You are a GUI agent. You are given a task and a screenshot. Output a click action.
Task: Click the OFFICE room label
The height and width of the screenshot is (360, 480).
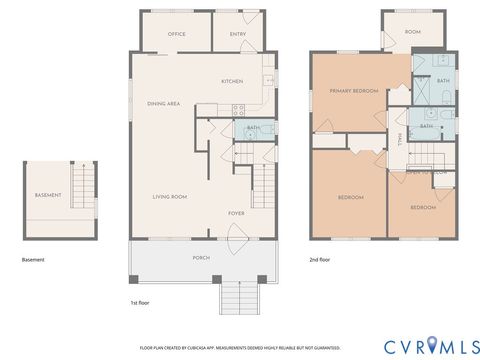(x=177, y=34)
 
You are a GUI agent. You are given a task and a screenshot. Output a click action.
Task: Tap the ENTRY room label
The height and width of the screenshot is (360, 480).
(x=237, y=34)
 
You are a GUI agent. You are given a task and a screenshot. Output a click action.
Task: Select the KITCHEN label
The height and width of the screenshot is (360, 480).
(x=232, y=81)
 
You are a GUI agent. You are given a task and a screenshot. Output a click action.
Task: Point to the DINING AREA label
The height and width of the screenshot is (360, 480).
(x=163, y=104)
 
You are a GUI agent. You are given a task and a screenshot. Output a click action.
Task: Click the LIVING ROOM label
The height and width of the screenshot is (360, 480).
(x=169, y=197)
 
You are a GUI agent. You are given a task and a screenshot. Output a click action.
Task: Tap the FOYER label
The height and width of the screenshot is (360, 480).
(x=236, y=213)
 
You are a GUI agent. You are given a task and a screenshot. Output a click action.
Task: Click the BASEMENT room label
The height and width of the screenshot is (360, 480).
(x=48, y=194)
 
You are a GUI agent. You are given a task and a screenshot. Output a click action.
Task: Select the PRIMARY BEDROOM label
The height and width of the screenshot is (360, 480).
(x=354, y=91)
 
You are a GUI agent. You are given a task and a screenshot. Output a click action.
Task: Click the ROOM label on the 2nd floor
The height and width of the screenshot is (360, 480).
(x=412, y=32)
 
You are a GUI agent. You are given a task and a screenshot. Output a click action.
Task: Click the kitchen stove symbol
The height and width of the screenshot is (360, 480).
(x=238, y=111)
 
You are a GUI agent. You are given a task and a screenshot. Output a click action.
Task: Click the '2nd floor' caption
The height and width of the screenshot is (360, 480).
(x=321, y=259)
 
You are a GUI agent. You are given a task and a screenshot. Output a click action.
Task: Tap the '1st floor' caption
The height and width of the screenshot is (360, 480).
(x=141, y=302)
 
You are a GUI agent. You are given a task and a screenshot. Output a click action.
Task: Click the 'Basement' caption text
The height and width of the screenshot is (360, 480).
(x=33, y=259)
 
